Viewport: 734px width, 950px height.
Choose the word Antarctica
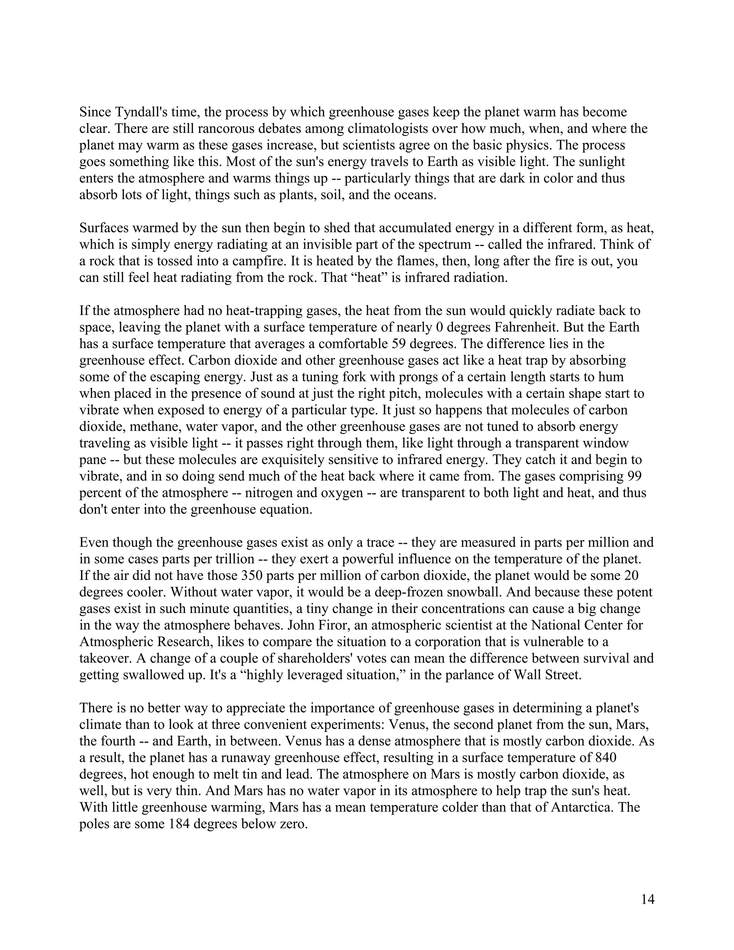point(582,807)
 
